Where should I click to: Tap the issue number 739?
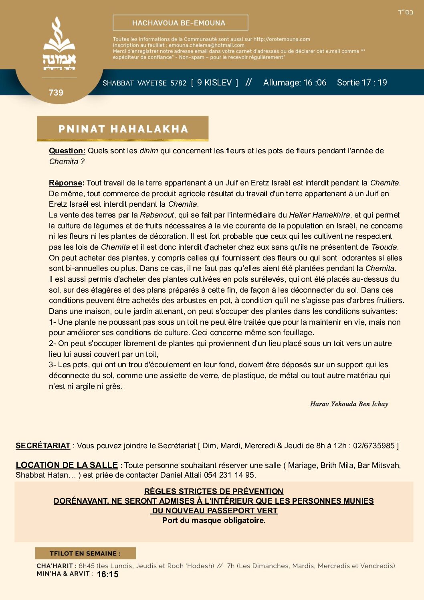(x=56, y=93)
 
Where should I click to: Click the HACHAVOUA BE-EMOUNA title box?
(x=180, y=23)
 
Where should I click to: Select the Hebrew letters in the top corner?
(x=406, y=12)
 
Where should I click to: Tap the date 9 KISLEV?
(x=214, y=83)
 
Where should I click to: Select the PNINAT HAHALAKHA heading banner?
(x=123, y=129)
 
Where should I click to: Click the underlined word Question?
(x=67, y=151)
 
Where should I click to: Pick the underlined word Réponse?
(x=66, y=183)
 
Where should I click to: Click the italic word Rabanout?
(x=157, y=215)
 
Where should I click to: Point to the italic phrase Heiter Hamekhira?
(x=319, y=215)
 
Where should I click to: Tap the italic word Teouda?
(x=384, y=247)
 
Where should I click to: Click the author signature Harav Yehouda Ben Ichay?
(x=349, y=404)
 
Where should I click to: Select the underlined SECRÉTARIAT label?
(x=43, y=446)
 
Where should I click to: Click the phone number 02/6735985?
(x=374, y=446)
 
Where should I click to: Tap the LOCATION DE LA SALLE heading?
(x=67, y=465)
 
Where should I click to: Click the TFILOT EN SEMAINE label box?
(x=85, y=553)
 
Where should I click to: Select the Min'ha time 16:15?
(x=107, y=574)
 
